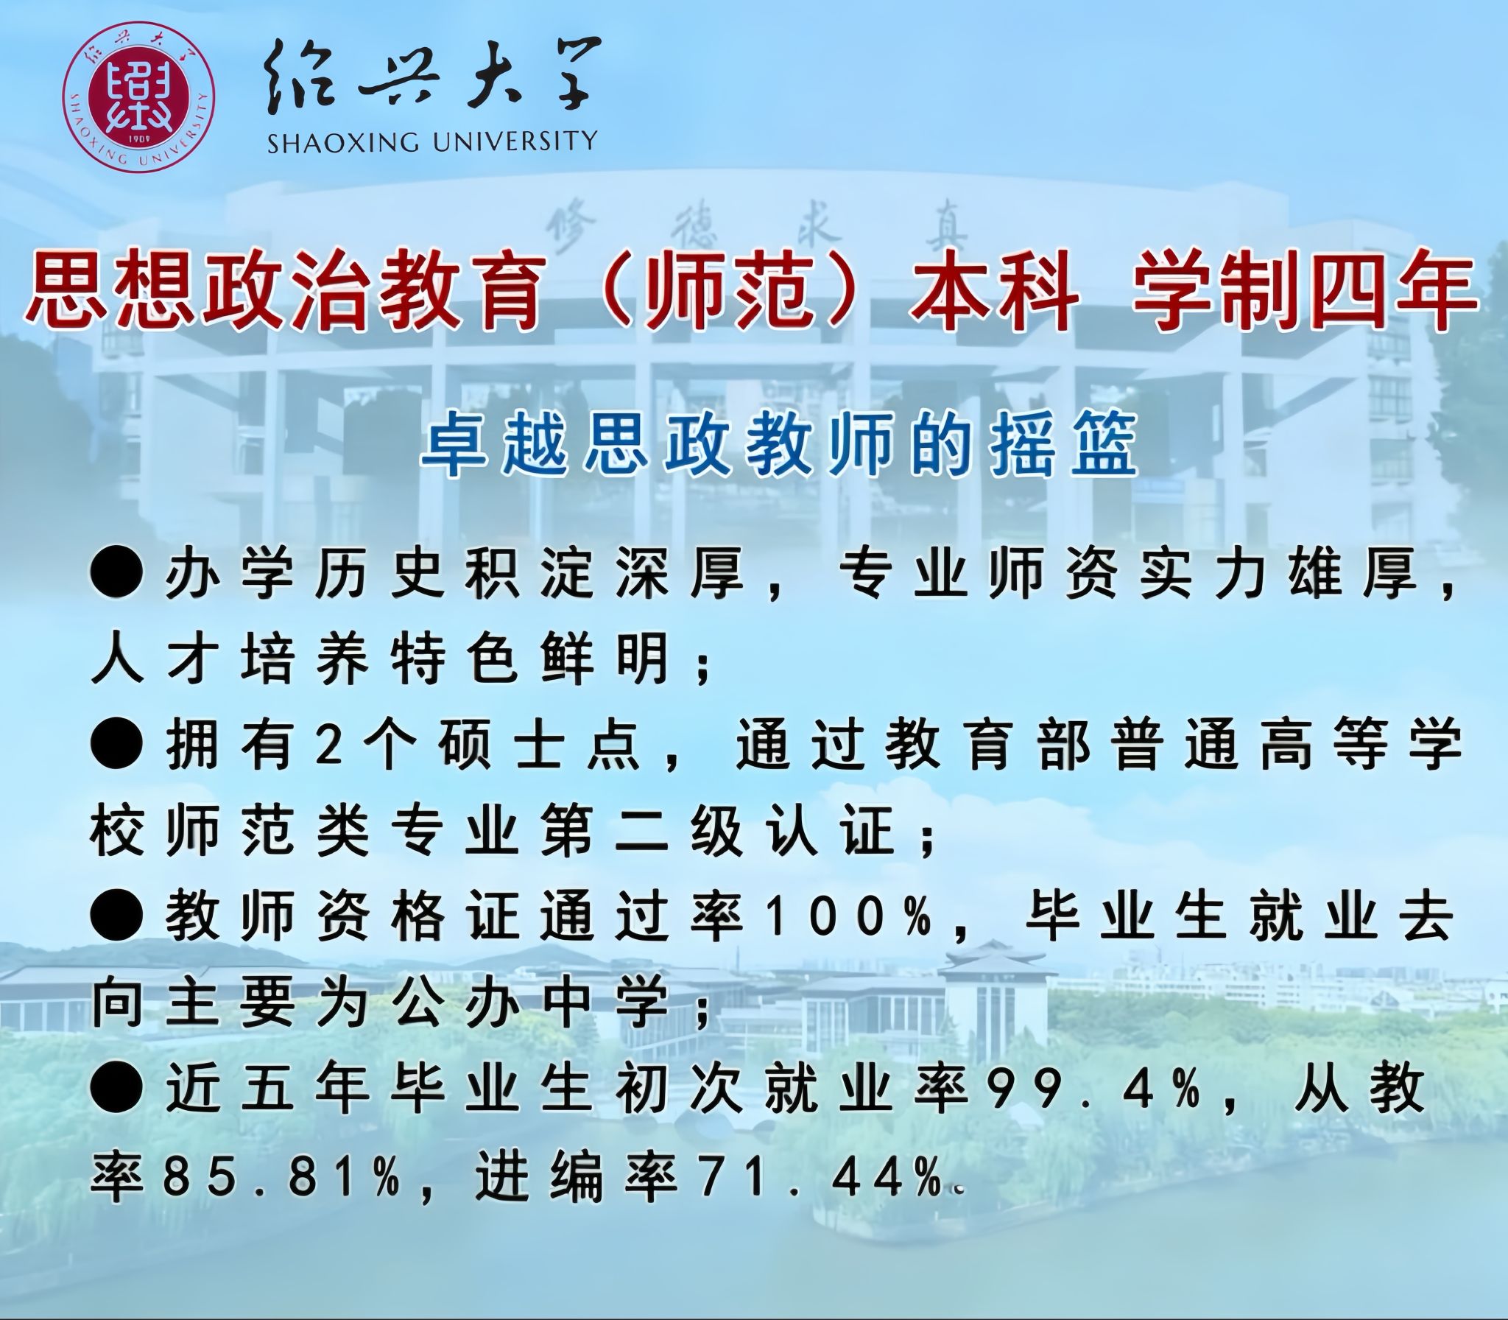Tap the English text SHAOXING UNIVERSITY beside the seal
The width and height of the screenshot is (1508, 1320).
pyautogui.click(x=432, y=141)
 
